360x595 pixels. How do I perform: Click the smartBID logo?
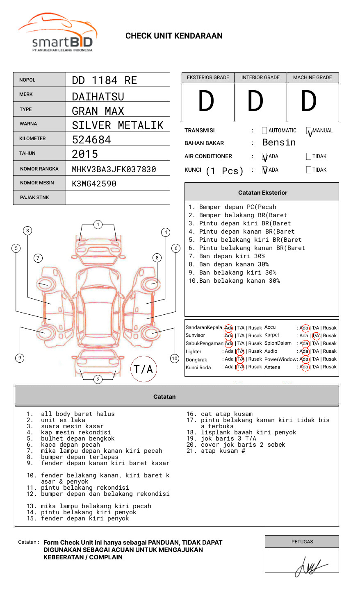tap(57, 33)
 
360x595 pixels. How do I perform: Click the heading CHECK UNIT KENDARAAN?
tap(174, 36)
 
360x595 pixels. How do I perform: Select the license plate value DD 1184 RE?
tap(104, 80)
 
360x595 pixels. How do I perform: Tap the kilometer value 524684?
tap(91, 140)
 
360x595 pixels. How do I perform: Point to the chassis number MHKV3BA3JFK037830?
tap(114, 169)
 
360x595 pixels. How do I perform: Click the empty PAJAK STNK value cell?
tap(118, 198)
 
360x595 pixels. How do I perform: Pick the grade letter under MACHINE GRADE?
tap(308, 101)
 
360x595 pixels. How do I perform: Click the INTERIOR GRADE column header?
tap(260, 77)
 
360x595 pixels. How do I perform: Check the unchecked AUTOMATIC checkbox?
tap(264, 131)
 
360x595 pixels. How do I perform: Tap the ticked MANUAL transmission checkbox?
tap(309, 131)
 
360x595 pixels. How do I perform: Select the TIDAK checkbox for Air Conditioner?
tap(309, 157)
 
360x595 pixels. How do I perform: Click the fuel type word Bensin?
tap(279, 143)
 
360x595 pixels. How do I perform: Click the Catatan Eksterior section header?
tap(262, 193)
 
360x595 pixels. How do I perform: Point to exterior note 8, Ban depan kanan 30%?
tap(234, 264)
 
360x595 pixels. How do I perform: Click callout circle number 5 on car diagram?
tap(16, 248)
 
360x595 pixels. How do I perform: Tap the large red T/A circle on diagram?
tap(144, 369)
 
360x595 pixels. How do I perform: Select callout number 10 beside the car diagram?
tap(175, 359)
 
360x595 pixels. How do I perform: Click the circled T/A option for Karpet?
tap(316, 336)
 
